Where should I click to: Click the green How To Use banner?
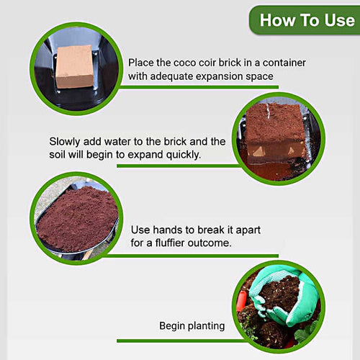coord(306,19)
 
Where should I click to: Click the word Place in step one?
coord(142,63)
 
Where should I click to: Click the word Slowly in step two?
coord(66,141)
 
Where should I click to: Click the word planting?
coord(208,326)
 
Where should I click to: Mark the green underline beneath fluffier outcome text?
coord(202,256)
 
